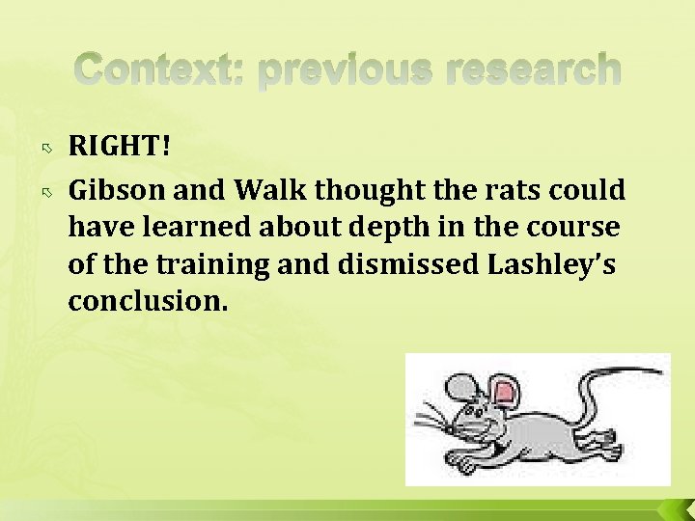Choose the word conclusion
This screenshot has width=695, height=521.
pos(148,301)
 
